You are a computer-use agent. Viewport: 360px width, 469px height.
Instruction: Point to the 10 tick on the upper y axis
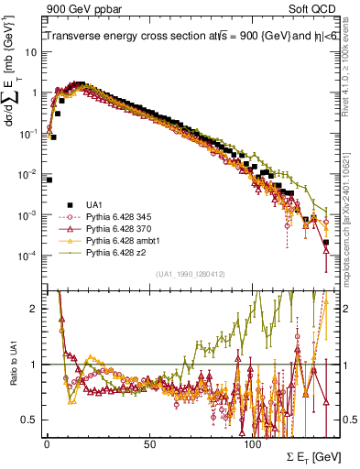(28, 52)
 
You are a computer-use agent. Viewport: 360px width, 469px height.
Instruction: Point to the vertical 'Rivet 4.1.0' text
(350, 60)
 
